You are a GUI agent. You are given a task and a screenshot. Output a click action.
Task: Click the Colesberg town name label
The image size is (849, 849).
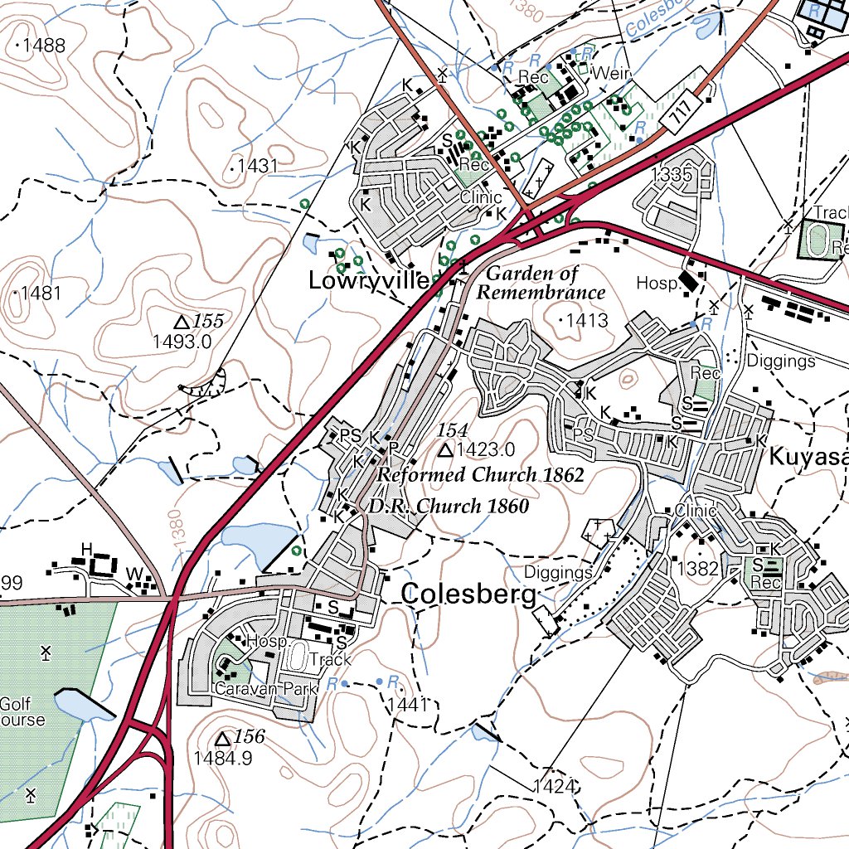tap(468, 594)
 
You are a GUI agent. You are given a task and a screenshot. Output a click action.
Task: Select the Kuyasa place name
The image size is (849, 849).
tap(808, 456)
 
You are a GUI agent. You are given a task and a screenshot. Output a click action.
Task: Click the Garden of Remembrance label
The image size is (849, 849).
tap(541, 283)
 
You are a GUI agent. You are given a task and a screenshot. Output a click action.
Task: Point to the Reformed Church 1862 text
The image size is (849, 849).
tap(481, 475)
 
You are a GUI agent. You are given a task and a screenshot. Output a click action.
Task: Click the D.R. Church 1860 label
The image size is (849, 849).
tap(449, 506)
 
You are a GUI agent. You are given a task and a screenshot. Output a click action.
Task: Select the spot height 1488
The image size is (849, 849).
tap(44, 46)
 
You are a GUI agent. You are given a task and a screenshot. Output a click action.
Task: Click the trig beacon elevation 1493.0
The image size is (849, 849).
tap(182, 341)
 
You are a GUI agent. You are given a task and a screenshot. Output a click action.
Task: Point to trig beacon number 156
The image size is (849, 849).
tap(248, 736)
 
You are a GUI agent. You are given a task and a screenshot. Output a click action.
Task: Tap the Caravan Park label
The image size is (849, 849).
tap(255, 689)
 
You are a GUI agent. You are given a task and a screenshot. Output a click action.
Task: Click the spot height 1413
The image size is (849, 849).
tap(587, 320)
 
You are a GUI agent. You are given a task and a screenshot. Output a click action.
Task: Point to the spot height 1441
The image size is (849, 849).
tap(406, 705)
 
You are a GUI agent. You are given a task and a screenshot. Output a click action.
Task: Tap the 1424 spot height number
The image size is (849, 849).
tap(554, 785)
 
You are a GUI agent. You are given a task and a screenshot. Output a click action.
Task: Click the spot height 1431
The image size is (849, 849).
tap(256, 166)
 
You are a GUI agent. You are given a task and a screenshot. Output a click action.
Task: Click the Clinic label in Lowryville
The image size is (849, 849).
tap(481, 197)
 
